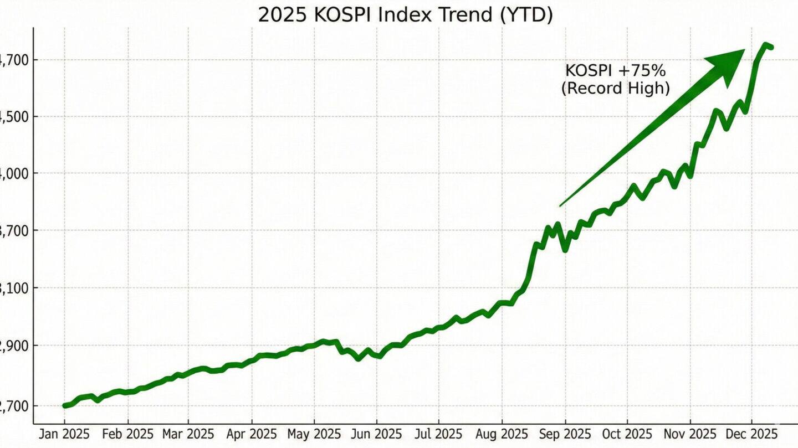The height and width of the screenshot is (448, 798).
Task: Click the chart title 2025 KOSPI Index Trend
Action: (x=405, y=15)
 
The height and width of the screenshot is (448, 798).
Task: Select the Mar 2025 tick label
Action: (x=187, y=434)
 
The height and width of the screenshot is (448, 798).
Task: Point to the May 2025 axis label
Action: (x=314, y=434)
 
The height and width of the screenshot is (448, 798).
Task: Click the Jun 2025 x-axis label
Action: (x=376, y=434)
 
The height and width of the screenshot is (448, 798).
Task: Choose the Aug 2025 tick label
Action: (x=502, y=434)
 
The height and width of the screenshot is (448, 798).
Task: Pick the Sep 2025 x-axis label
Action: (x=565, y=434)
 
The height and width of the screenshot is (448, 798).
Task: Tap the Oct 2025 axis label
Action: (x=627, y=434)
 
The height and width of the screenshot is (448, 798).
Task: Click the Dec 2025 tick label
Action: (x=753, y=434)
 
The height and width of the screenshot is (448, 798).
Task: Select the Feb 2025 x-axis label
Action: (x=127, y=434)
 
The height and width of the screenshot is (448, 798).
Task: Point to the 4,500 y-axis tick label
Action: (x=10, y=117)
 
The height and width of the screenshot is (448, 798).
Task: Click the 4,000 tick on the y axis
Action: (x=10, y=174)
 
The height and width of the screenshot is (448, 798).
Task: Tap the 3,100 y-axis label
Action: (x=10, y=289)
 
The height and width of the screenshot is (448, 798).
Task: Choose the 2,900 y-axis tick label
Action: (x=10, y=346)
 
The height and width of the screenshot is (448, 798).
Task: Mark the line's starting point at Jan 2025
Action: (x=65, y=406)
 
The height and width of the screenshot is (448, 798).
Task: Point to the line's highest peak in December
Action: (x=765, y=44)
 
